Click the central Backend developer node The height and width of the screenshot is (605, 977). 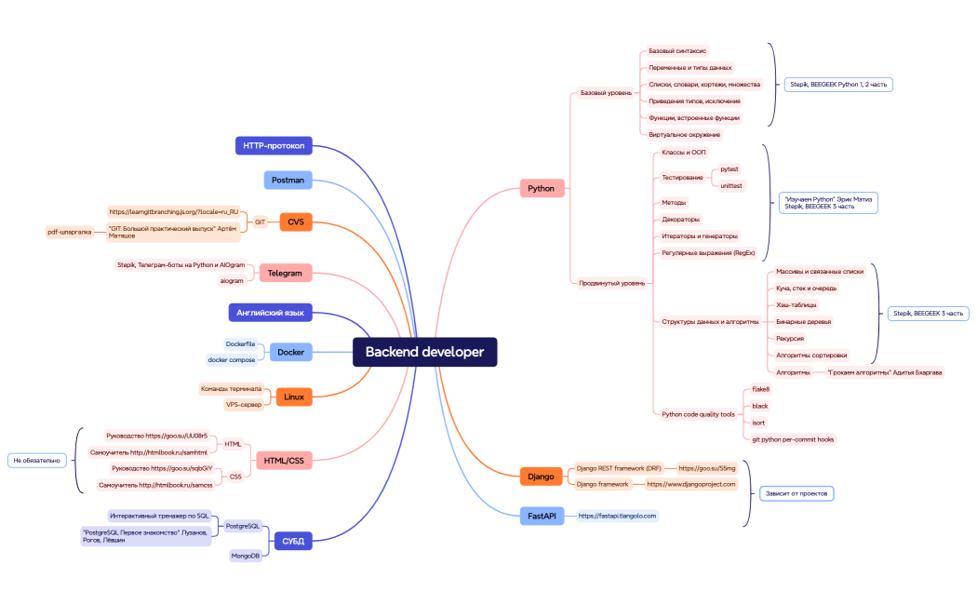[424, 352]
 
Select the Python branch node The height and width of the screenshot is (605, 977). [541, 189]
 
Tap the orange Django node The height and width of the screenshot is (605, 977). [541, 477]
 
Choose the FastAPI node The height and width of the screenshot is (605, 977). [541, 516]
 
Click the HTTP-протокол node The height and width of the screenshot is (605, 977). [273, 146]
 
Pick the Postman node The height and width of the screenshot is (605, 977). [288, 181]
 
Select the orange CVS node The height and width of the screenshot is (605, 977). [295, 222]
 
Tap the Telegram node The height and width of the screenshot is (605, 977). [285, 274]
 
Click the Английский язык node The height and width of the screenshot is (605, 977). [270, 313]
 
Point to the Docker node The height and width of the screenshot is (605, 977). [290, 353]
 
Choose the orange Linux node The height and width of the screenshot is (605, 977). [293, 397]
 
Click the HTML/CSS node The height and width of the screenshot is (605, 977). [283, 460]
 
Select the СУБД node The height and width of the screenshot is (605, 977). [292, 540]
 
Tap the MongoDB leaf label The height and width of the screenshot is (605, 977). [246, 556]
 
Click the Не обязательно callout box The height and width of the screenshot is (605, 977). [37, 460]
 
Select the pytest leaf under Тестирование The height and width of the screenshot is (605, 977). [729, 169]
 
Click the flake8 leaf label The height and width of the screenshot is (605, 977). [760, 389]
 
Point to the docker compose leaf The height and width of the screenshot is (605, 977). [231, 360]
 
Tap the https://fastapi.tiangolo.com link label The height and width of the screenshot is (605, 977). [617, 516]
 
